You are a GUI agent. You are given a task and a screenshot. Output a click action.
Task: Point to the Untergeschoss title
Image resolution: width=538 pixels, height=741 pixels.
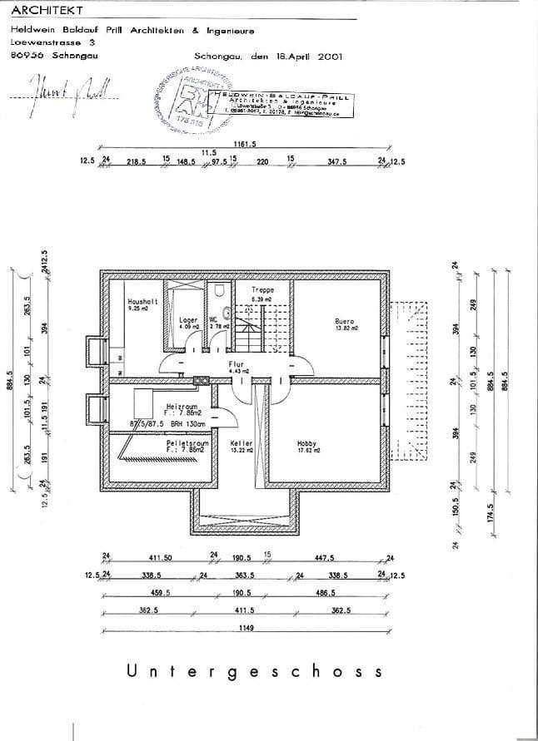pos(255,671)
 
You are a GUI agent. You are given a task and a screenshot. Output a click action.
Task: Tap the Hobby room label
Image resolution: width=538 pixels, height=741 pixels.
pos(306,443)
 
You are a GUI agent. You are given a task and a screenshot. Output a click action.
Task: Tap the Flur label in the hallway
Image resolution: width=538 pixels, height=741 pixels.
pos(236,364)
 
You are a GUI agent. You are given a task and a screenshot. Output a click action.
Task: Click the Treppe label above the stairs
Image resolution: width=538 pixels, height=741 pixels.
pos(262,290)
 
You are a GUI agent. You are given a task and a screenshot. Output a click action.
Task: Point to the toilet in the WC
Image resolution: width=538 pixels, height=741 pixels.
pos(219,292)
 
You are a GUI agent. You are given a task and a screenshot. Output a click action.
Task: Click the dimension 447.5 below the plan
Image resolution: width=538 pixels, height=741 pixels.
pos(324,558)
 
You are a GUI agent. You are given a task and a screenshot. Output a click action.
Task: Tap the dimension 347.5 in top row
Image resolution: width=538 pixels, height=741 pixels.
pos(336,162)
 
